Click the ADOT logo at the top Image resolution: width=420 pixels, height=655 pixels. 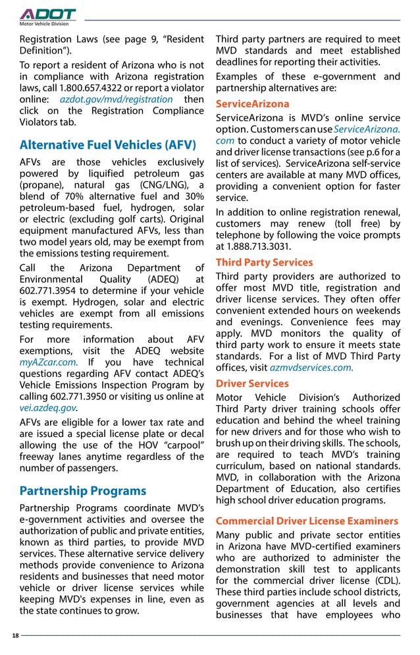coord(47,14)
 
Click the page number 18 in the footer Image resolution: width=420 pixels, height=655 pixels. coord(15,635)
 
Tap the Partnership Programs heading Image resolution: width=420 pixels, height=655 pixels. coord(83,491)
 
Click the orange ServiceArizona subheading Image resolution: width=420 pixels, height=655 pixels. coord(252,104)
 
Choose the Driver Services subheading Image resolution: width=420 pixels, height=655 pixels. coord(252,384)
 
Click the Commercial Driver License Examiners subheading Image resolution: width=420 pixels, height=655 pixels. coord(307,521)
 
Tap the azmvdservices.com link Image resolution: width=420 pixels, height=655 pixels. coord(311,368)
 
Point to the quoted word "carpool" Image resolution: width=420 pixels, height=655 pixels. coord(182,445)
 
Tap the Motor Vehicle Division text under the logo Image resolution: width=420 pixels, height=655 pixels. coord(43,24)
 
